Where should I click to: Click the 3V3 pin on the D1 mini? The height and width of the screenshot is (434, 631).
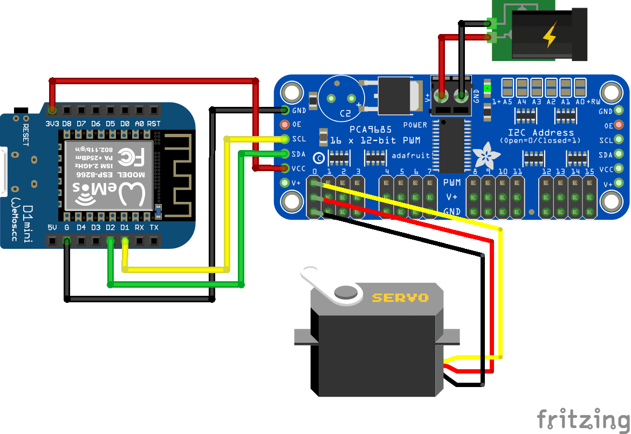52,110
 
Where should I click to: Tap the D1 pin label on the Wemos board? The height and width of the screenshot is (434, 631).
125,228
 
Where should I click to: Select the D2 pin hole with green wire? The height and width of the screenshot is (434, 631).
111,241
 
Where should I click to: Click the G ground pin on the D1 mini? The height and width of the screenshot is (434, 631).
67,241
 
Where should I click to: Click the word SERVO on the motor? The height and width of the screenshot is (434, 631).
400,297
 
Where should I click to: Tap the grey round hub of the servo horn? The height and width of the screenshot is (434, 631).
345,293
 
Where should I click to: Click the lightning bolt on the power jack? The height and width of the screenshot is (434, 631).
550,36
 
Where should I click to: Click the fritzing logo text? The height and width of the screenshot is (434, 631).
583,419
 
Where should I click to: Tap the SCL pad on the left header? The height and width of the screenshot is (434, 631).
286,139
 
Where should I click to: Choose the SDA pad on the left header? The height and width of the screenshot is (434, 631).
286,153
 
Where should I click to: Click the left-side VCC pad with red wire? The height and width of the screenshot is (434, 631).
286,168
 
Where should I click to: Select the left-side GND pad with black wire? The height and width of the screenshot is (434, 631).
286,110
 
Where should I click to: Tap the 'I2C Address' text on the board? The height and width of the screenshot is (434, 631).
541,132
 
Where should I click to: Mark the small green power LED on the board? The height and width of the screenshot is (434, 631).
488,88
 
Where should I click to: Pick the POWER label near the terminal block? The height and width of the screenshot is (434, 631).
415,125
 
